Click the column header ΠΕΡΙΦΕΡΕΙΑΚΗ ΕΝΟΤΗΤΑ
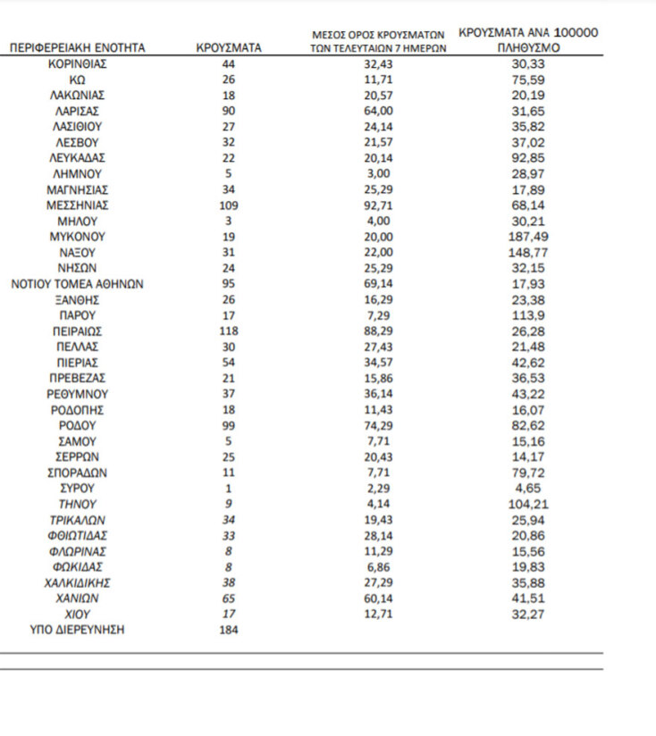(77, 48)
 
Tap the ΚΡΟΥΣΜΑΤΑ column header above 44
(229, 48)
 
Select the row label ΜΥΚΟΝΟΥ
(77, 237)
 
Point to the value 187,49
(528, 237)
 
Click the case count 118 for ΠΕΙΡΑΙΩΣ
(229, 330)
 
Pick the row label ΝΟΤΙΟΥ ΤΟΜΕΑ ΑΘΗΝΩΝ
(77, 284)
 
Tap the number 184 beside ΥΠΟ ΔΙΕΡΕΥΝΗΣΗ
(229, 630)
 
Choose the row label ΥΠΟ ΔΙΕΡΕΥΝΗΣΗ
(77, 630)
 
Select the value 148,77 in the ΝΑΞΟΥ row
(528, 253)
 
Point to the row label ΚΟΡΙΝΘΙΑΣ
(77, 64)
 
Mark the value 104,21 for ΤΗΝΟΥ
(528, 504)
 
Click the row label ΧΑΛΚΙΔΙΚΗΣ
(77, 582)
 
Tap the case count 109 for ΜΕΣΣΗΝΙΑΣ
(229, 205)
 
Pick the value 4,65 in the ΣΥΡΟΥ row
(528, 489)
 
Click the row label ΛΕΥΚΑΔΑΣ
(77, 158)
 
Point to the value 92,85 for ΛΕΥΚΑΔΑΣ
(528, 158)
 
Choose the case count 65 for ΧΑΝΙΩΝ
(229, 598)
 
